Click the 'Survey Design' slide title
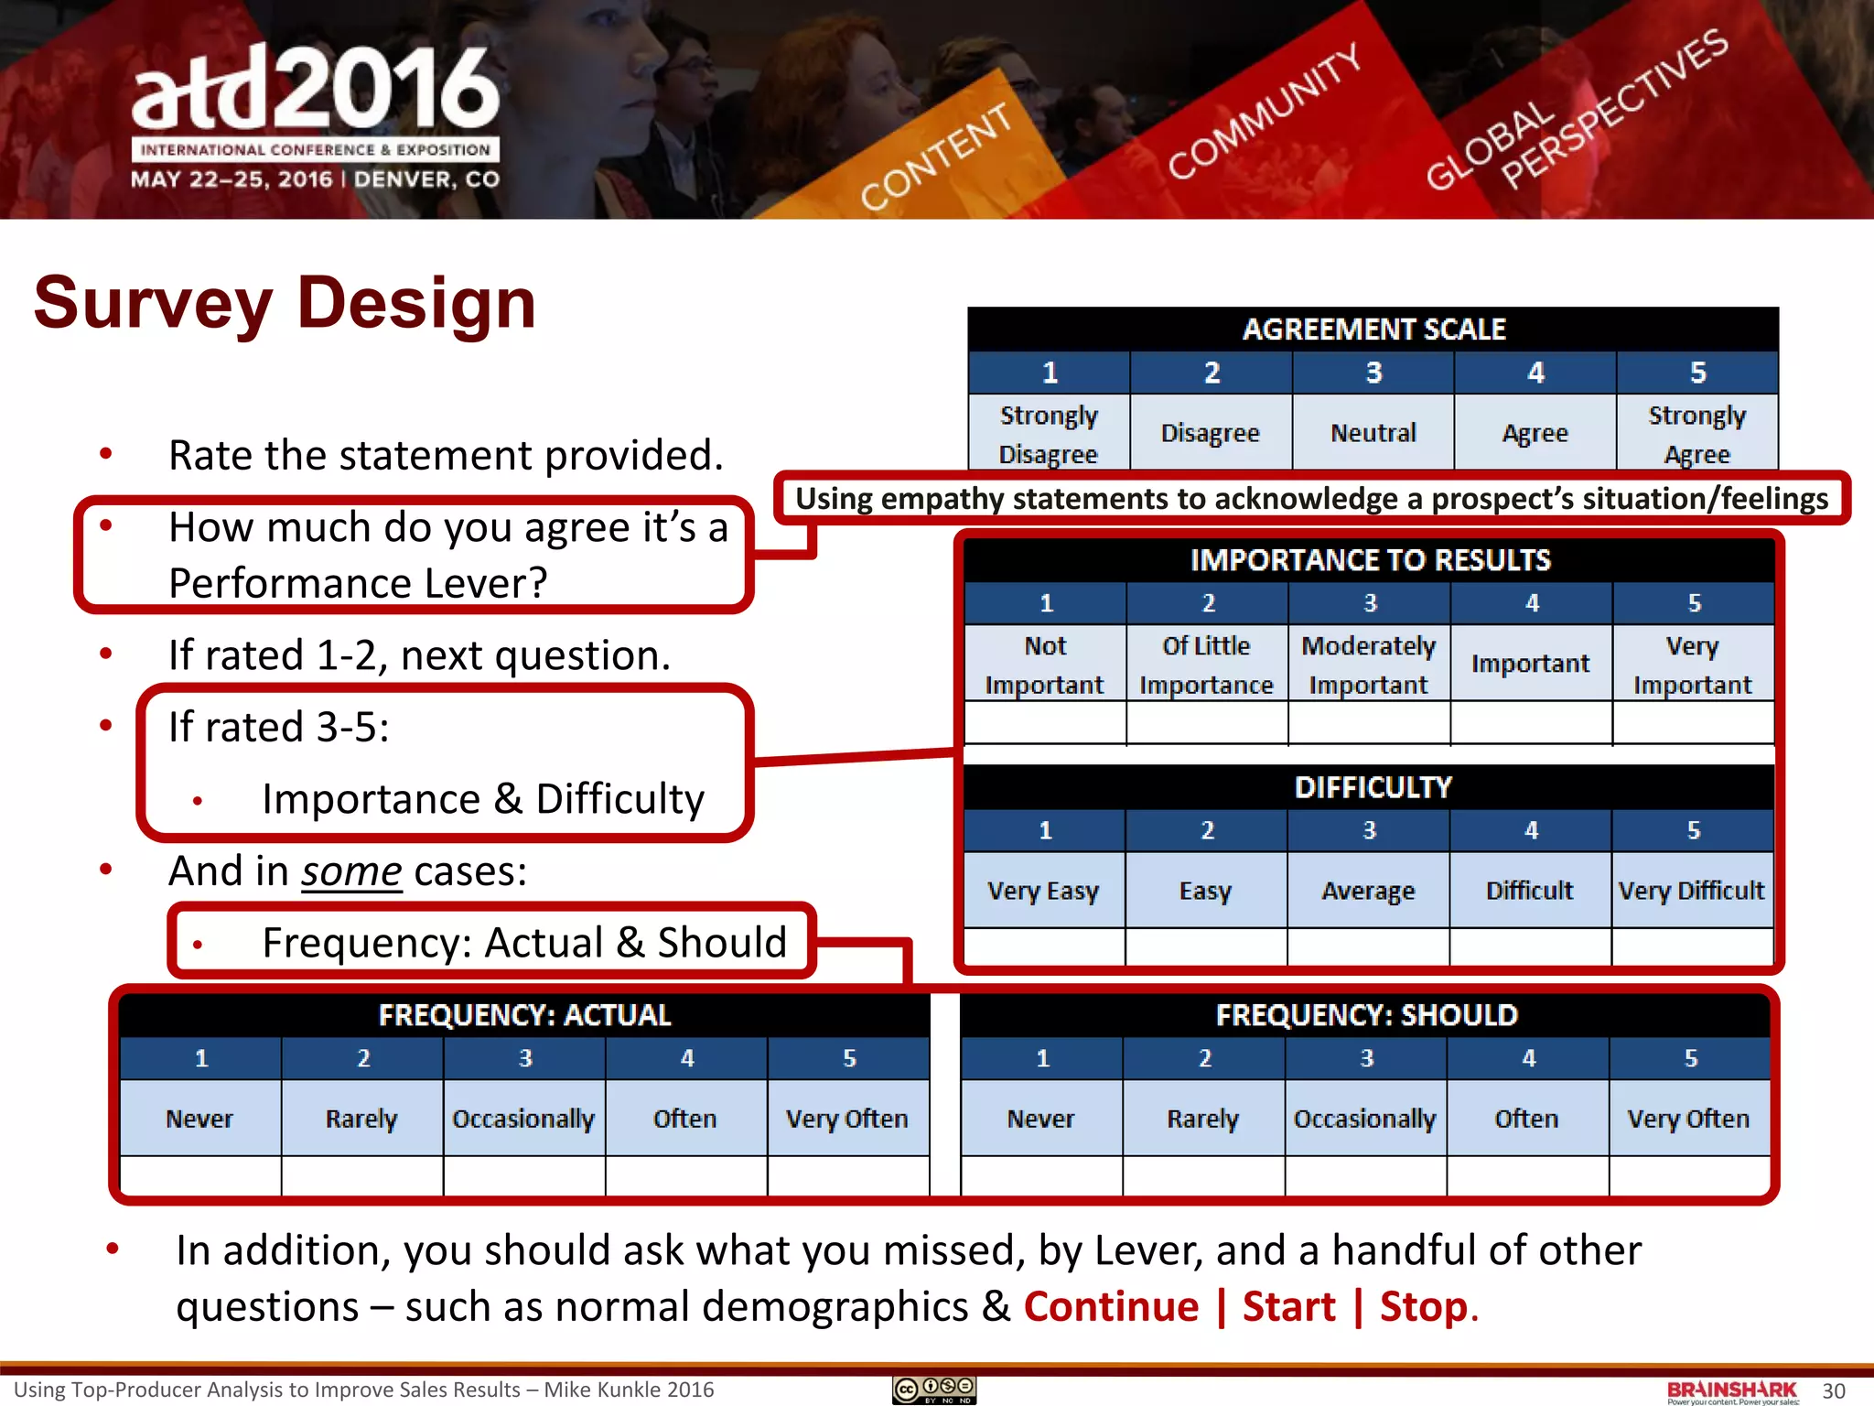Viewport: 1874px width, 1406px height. (285, 303)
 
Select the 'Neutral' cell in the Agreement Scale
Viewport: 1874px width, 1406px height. (1373, 433)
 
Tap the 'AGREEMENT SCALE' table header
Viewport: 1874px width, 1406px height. (1373, 330)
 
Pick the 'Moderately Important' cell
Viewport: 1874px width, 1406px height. (1368, 665)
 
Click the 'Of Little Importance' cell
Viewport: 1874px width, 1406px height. (1206, 665)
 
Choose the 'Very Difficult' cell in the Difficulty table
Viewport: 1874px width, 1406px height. (1691, 891)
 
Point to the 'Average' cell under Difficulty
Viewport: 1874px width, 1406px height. (1368, 891)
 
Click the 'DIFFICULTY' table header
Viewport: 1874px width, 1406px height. (1372, 787)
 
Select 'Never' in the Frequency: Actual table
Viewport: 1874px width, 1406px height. (199, 1119)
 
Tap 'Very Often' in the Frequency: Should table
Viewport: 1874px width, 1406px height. (1688, 1119)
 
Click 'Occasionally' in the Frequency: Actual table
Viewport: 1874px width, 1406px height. (523, 1119)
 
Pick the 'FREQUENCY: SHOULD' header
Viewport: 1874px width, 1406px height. (1366, 1015)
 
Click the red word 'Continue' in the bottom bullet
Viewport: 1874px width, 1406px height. (1111, 1306)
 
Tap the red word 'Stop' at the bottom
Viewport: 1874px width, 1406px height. (1424, 1306)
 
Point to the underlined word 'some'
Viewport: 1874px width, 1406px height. (351, 871)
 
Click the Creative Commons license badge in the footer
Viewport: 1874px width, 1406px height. (934, 1390)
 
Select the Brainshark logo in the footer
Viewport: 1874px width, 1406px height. (1732, 1391)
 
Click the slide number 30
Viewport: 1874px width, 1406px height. (1834, 1391)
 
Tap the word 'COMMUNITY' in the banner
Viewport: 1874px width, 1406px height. (1265, 112)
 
